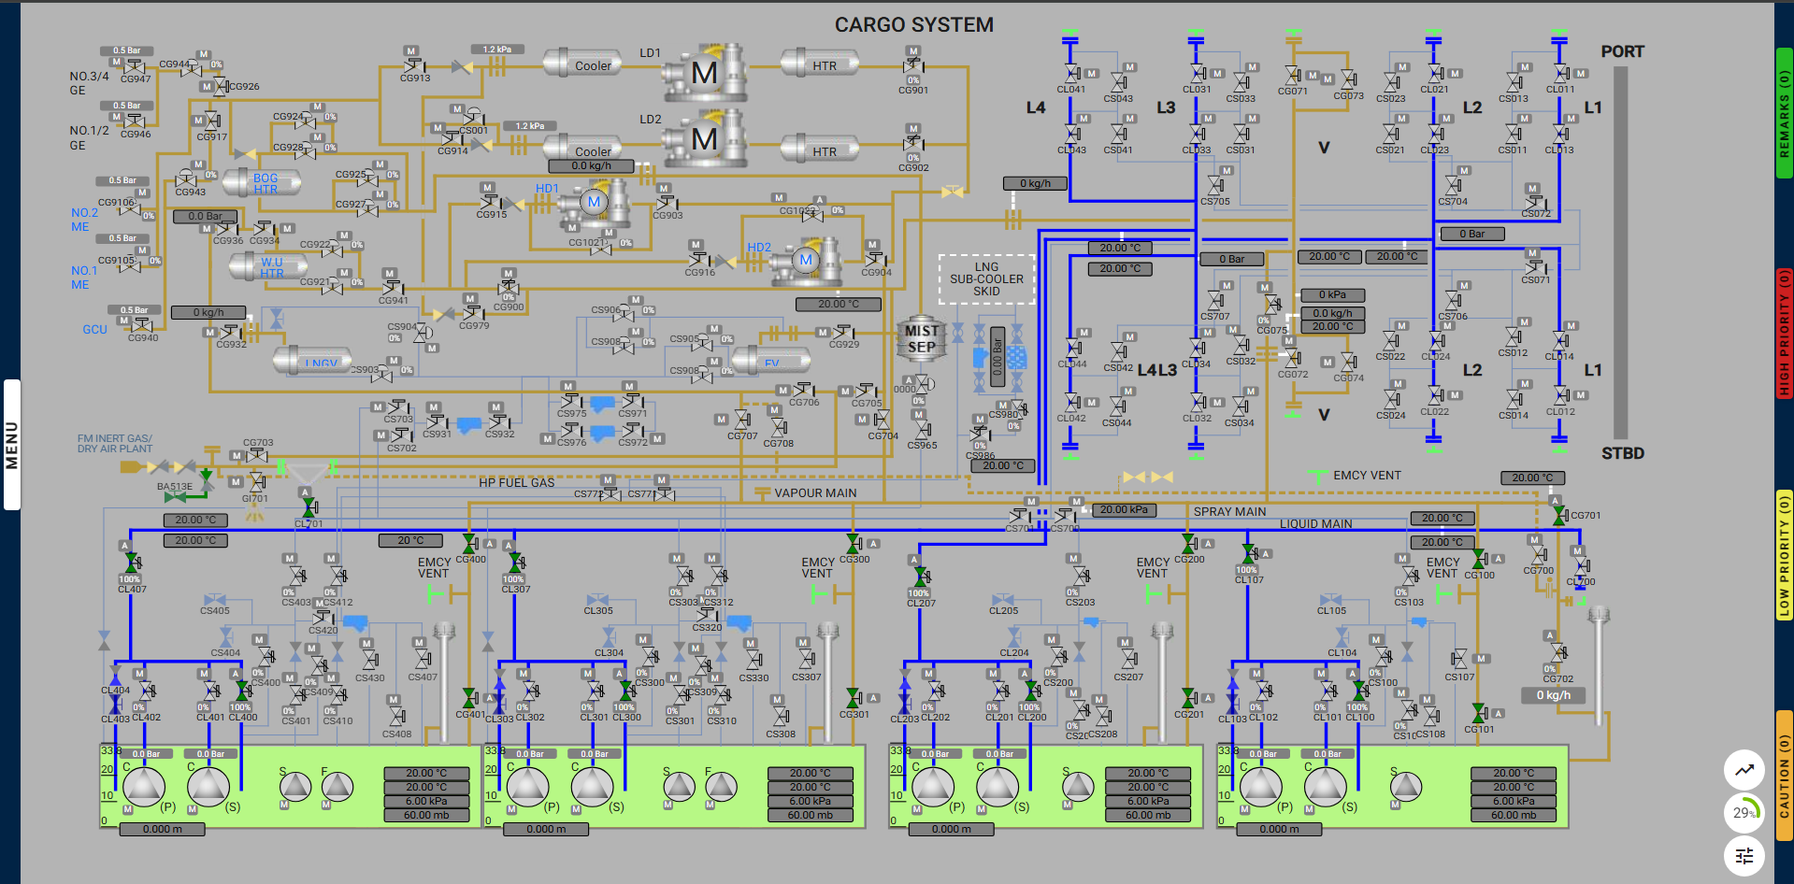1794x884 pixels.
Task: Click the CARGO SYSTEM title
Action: click(x=913, y=25)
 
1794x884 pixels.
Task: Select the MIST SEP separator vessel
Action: click(x=921, y=339)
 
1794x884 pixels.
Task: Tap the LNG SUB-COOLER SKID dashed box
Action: click(x=986, y=278)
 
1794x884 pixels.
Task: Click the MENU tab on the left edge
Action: click(x=12, y=445)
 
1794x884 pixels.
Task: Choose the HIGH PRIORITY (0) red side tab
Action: click(x=1784, y=333)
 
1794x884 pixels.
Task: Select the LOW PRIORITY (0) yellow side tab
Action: click(x=1784, y=555)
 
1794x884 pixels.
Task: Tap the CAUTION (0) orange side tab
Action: click(x=1784, y=775)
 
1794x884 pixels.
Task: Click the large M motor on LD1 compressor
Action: click(x=704, y=72)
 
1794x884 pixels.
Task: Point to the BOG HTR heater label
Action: click(x=266, y=183)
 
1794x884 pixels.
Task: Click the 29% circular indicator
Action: click(x=1744, y=812)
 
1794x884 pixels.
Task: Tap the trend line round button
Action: click(x=1744, y=770)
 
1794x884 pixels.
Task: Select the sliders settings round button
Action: click(x=1744, y=855)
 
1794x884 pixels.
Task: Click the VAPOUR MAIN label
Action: click(x=814, y=493)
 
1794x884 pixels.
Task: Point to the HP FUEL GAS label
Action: click(x=516, y=483)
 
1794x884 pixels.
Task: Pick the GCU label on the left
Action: click(x=94, y=330)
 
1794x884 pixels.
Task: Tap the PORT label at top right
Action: click(x=1622, y=52)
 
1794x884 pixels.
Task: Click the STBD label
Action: click(x=1622, y=453)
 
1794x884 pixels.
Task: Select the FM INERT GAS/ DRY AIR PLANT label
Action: click(x=114, y=444)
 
